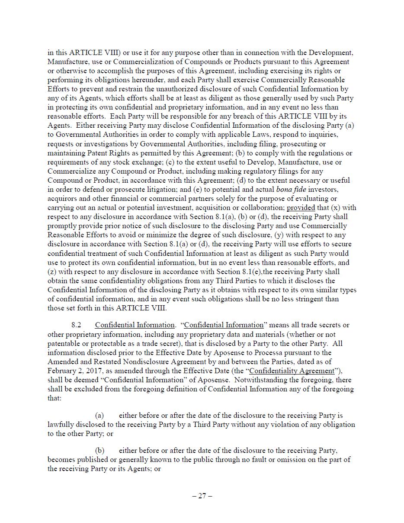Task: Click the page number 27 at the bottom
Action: pyautogui.click(x=202, y=496)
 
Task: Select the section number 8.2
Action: pyautogui.click(x=76, y=325)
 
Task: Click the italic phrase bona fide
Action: pyautogui.click(x=292, y=189)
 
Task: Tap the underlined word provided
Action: pyautogui.click(x=301, y=207)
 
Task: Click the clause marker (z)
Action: pyautogui.click(x=52, y=272)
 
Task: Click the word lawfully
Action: pyautogui.click(x=61, y=424)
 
